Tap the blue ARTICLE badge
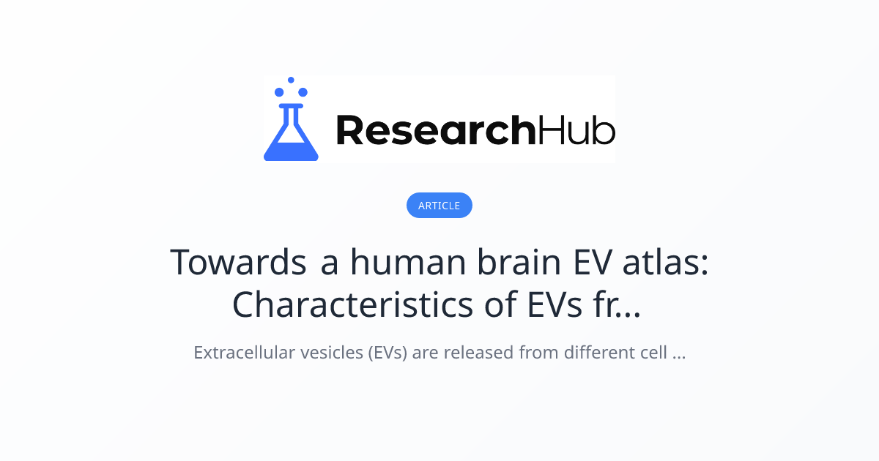pyautogui.click(x=439, y=206)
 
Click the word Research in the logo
pyautogui.click(x=435, y=131)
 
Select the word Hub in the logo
pyautogui.click(x=576, y=131)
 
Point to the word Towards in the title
pyautogui.click(x=238, y=262)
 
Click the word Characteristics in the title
pyautogui.click(x=352, y=305)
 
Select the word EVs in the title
pyautogui.click(x=538, y=305)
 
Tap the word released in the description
pyautogui.click(x=480, y=353)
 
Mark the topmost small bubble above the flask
pyautogui.click(x=291, y=80)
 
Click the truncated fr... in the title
pyautogui.click(x=614, y=305)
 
